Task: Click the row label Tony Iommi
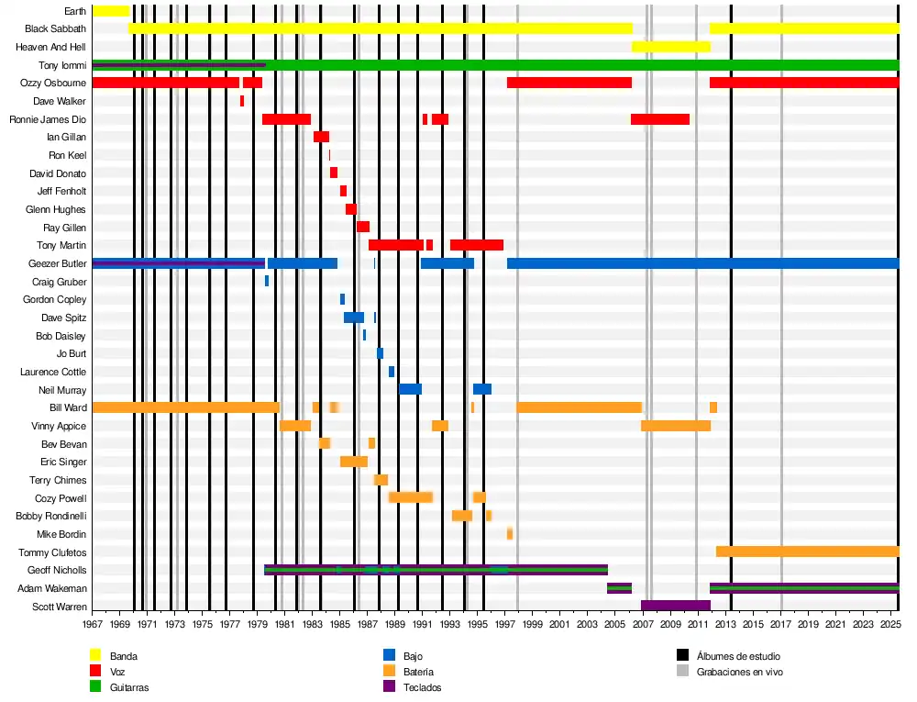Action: click(62, 65)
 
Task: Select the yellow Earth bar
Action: click(110, 11)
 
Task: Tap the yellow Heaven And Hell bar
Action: click(670, 47)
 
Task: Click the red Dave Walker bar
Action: click(242, 101)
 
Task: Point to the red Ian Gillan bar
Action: click(321, 137)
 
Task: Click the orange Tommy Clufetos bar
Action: click(807, 552)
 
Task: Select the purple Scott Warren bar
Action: click(676, 606)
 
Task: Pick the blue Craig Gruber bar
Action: click(267, 281)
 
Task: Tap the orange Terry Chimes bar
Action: click(381, 480)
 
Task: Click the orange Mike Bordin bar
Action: click(510, 534)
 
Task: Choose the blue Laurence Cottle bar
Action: click(392, 372)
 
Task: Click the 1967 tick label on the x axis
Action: click(93, 625)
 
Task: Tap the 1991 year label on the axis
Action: click(423, 625)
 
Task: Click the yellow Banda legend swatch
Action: click(94, 655)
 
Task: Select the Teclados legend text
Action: click(422, 687)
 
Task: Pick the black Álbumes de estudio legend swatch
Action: click(682, 655)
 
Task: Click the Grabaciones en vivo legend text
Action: click(739, 672)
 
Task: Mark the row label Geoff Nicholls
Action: click(58, 570)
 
